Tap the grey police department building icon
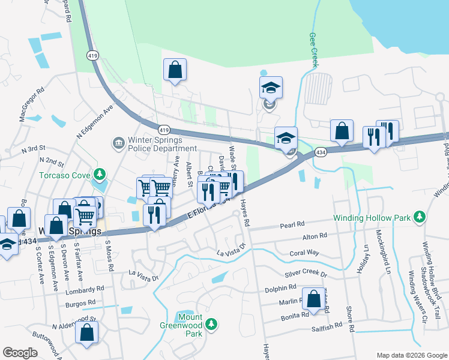click(x=118, y=143)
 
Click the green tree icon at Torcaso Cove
click(x=100, y=176)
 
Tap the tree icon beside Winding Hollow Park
click(x=421, y=216)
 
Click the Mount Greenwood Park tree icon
click(x=211, y=325)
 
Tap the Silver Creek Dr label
click(x=306, y=274)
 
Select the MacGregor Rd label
click(x=31, y=106)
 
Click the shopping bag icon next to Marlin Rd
click(x=313, y=298)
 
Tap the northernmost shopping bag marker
click(x=175, y=69)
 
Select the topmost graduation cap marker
click(x=271, y=88)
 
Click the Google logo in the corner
click(x=20, y=352)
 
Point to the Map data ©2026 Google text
click(x=411, y=355)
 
